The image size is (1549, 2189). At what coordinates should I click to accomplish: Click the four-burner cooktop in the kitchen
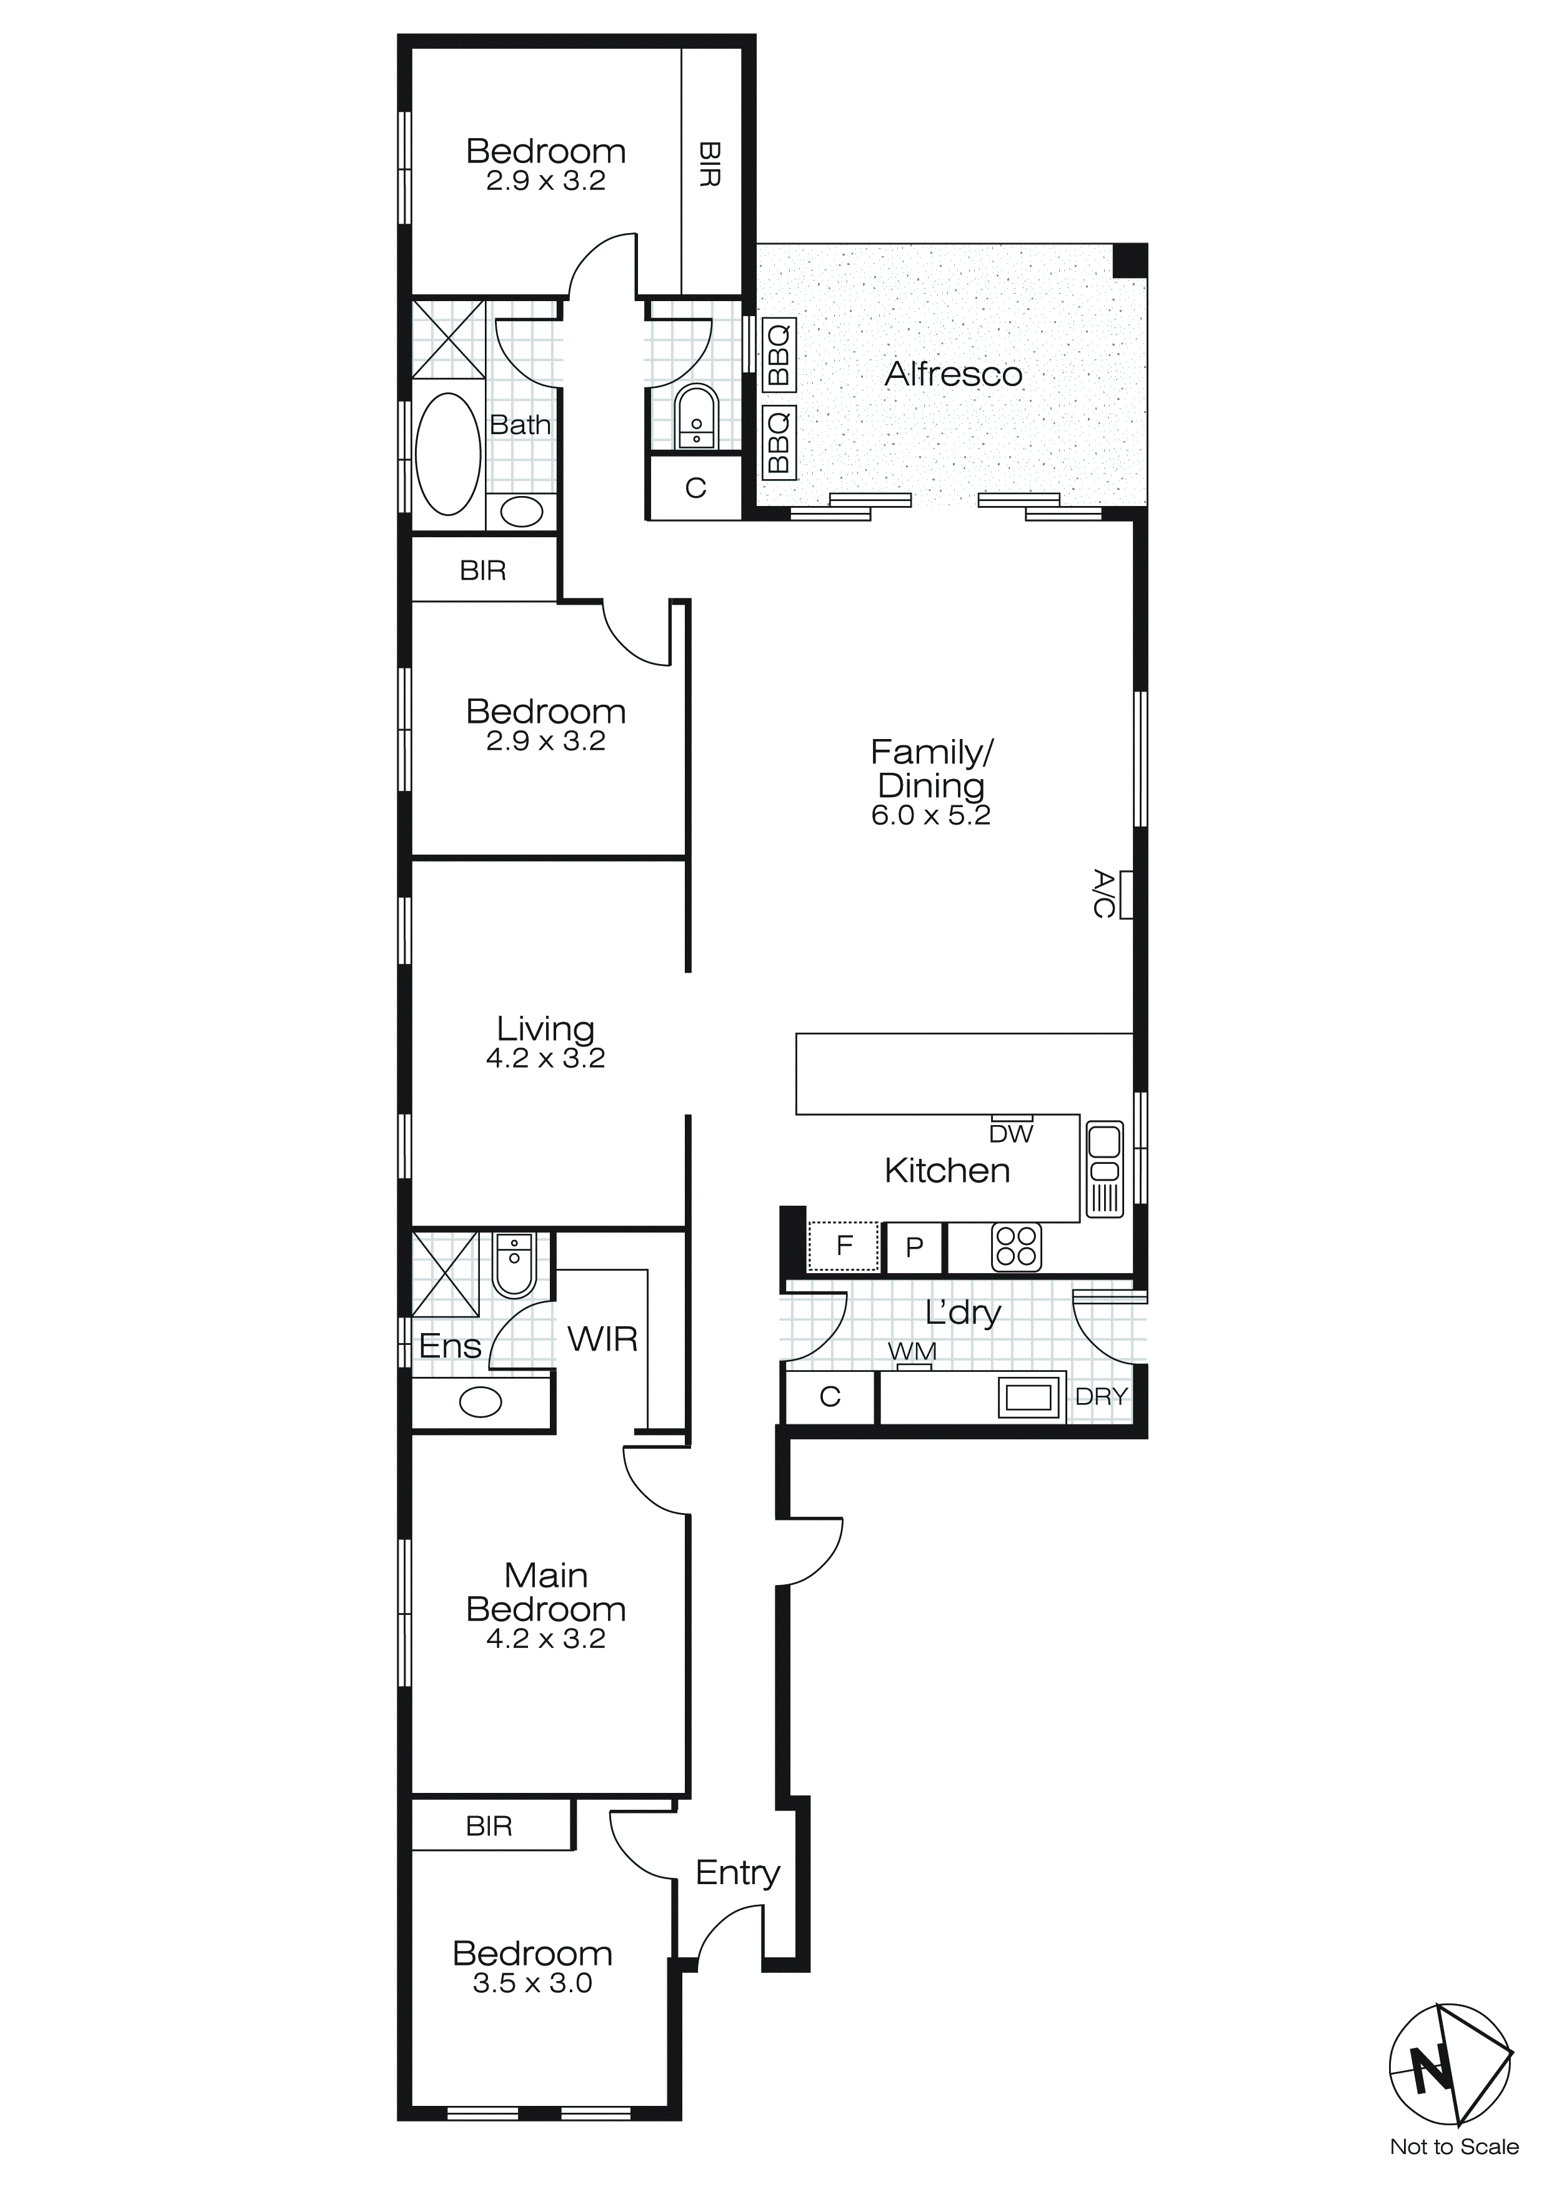pos(1016,1247)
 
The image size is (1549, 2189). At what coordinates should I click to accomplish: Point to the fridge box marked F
pos(843,1246)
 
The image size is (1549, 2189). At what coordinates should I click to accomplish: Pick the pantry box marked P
pos(914,1247)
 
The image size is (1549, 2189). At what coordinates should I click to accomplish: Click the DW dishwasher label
pos(1011,1134)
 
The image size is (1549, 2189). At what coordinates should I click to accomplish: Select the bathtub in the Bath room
pos(448,455)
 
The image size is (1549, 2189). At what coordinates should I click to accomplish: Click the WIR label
pos(602,1339)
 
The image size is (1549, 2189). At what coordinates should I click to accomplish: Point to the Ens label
pos(449,1346)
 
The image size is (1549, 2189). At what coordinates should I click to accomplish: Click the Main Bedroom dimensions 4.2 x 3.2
pos(545,1638)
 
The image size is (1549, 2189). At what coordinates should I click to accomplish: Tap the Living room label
pos(545,1029)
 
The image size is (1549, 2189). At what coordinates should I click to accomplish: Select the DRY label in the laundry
pos(1101,1397)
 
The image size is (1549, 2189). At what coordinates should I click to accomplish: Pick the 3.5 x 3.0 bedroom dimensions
pos(532,1983)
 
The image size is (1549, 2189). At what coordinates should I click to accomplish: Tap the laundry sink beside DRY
pos(1030,1397)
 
